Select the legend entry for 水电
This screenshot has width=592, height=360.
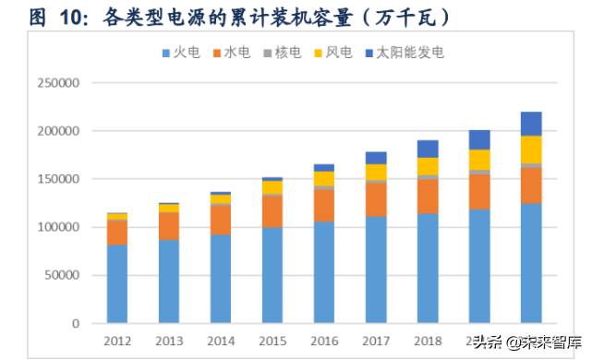(237, 53)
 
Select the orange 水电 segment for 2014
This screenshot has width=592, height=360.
(220, 220)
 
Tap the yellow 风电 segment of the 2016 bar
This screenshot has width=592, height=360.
(323, 178)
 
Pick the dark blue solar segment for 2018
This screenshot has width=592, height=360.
(427, 149)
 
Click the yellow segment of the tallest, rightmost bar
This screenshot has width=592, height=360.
(531, 150)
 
